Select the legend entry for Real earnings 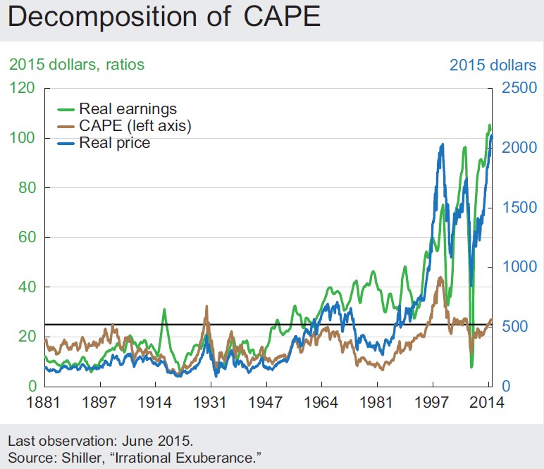(x=128, y=109)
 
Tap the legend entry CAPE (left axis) (x=135, y=126)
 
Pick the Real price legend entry (x=114, y=143)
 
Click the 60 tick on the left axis (x=23, y=237)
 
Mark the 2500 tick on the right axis (x=518, y=88)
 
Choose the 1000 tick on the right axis (x=518, y=267)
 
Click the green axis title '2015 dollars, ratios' (x=76, y=65)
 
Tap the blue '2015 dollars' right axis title (x=493, y=65)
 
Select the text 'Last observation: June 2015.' (x=100, y=442)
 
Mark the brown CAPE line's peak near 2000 (x=440, y=277)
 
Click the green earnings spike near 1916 (x=164, y=309)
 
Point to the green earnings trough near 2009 (x=471, y=366)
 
